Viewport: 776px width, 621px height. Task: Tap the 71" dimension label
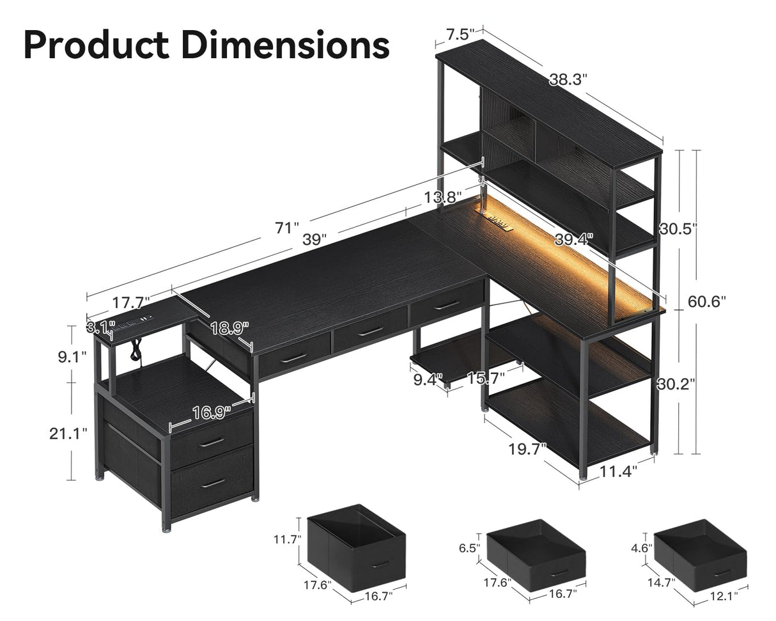tap(287, 227)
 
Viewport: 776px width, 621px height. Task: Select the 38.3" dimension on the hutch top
tap(568, 79)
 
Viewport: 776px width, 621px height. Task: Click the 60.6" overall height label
tap(706, 301)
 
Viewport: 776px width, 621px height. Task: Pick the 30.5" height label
tap(677, 229)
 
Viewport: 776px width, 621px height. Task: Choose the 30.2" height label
tap(676, 384)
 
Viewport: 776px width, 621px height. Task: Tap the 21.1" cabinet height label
tap(68, 433)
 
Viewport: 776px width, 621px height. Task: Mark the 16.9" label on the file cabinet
tap(212, 413)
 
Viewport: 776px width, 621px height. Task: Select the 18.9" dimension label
tap(229, 329)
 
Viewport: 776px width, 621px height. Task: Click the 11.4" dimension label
tap(618, 472)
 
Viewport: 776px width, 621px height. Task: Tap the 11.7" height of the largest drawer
tap(286, 539)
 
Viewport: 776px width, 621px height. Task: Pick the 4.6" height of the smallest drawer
tap(641, 547)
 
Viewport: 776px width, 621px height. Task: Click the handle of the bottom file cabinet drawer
tap(212, 483)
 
